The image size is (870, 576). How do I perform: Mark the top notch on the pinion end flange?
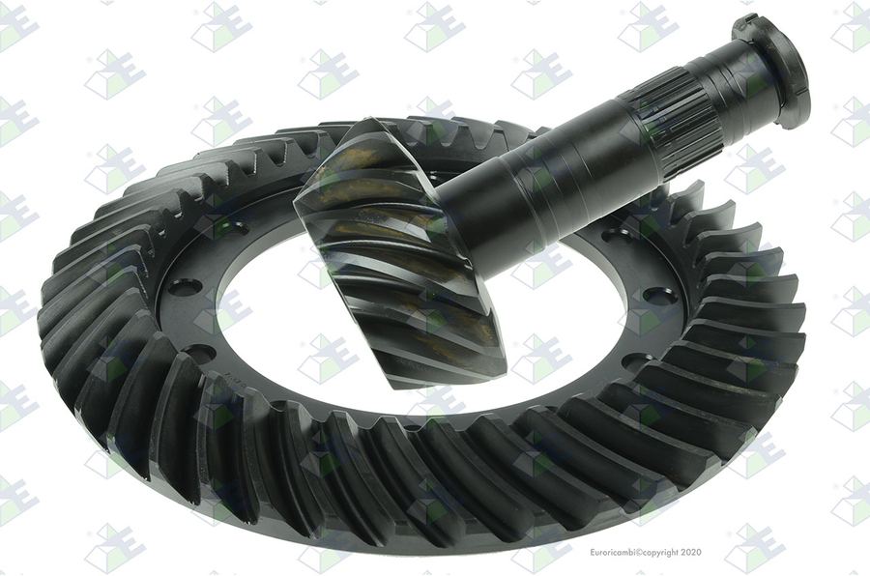743,21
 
